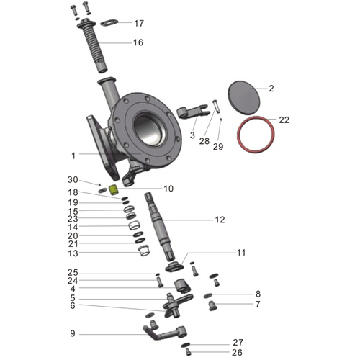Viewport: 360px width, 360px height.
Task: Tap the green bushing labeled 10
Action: pos(113,190)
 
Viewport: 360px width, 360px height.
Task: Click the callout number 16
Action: pos(138,42)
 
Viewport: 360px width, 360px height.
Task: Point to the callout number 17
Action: pos(138,23)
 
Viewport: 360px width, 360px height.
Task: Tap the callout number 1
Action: pos(73,155)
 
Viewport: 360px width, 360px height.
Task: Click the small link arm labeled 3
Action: pos(189,112)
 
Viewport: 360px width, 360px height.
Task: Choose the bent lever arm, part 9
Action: pos(166,333)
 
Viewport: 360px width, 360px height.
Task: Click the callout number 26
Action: pos(238,353)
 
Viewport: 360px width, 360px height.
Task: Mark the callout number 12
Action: pos(220,220)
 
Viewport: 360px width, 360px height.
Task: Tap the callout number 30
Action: pos(73,179)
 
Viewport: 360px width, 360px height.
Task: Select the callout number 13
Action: pos(73,253)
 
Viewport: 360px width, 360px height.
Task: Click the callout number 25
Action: pos(73,273)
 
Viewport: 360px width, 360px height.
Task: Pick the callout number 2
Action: pos(271,89)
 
